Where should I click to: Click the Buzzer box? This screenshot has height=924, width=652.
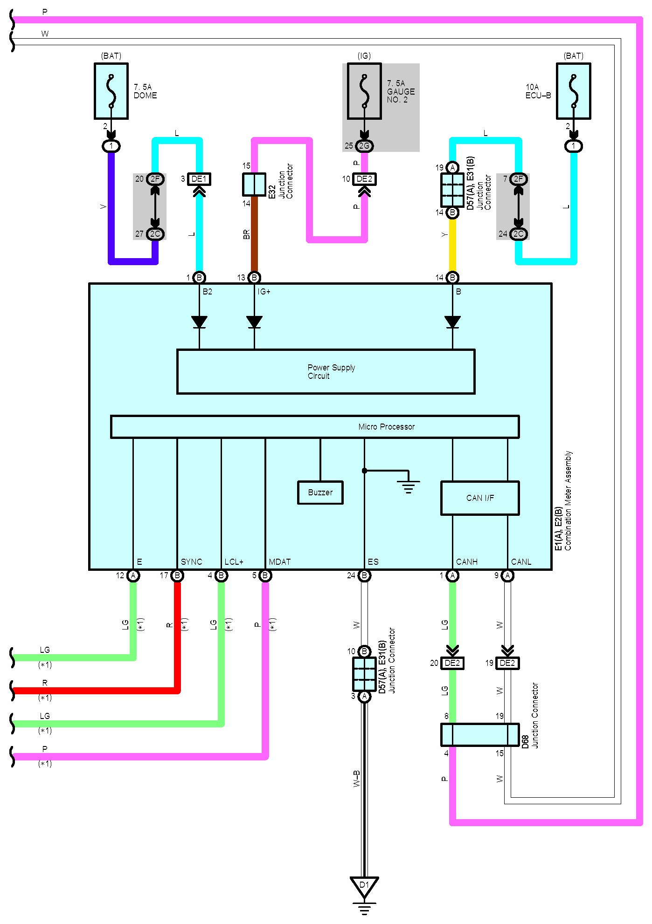point(320,493)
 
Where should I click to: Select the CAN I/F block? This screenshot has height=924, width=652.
point(480,498)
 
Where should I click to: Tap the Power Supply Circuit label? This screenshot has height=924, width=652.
point(331,372)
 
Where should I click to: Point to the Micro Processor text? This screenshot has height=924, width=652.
point(386,427)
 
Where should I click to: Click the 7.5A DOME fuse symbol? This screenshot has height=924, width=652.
point(111,91)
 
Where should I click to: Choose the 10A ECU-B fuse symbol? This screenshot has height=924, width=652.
point(573,91)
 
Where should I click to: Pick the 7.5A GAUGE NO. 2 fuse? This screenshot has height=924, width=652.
point(364,91)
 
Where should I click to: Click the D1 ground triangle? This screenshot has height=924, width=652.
point(364,886)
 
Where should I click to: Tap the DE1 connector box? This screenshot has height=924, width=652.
point(199,179)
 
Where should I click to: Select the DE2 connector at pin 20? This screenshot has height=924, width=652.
point(452,663)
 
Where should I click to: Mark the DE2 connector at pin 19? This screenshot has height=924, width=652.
point(507,663)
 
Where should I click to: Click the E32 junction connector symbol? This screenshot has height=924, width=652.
point(254,185)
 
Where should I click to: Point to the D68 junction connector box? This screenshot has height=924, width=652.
point(480,735)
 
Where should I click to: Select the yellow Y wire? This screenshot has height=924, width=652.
point(452,245)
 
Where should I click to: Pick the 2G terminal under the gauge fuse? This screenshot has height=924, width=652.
point(364,146)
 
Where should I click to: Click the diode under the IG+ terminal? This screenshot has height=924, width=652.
point(254,322)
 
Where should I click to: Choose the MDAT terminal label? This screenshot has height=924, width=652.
point(280,562)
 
